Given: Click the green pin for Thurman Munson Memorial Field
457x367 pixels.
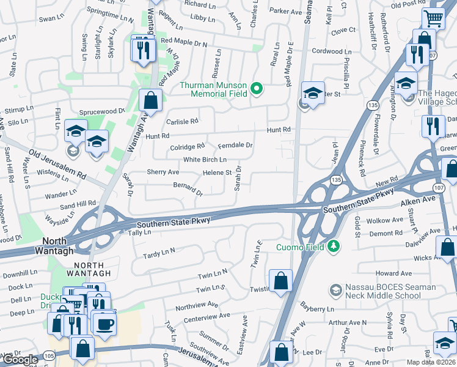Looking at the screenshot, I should coord(257,89).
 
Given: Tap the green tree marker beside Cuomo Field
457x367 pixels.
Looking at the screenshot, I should coord(334,247).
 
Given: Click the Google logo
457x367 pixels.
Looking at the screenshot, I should coord(20,360).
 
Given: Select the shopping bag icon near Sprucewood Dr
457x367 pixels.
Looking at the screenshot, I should coord(150,100).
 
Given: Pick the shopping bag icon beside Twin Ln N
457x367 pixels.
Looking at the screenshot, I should coord(280,281).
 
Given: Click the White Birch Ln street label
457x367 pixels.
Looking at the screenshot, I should coord(205,160).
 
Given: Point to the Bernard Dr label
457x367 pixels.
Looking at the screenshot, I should coord(188,188).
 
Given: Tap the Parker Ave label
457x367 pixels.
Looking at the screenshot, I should coord(286,11).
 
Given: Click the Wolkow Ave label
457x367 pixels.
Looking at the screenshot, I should coord(385,220).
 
